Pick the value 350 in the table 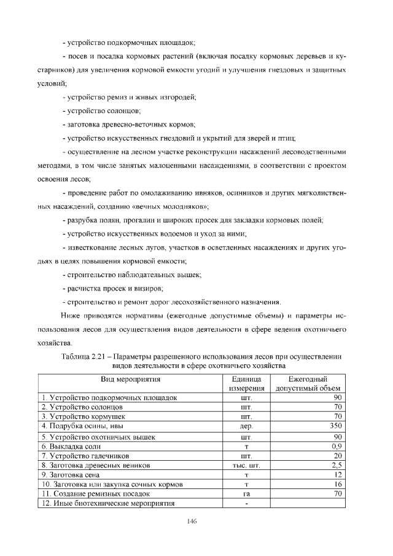point(335,425)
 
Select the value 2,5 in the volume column point(336,466)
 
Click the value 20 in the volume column point(337,456)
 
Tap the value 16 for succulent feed point(337,484)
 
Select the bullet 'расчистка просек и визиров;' point(114,288)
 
